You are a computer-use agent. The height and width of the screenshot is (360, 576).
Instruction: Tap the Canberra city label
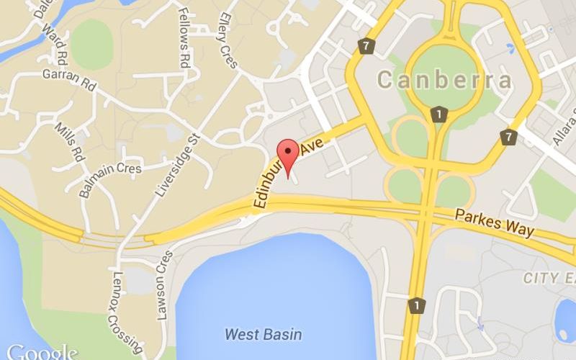click(x=445, y=80)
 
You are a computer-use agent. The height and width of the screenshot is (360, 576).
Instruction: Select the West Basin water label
click(x=263, y=334)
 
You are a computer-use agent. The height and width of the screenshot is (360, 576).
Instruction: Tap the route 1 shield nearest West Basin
click(x=415, y=306)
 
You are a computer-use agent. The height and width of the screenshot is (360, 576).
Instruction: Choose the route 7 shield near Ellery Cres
click(x=368, y=46)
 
